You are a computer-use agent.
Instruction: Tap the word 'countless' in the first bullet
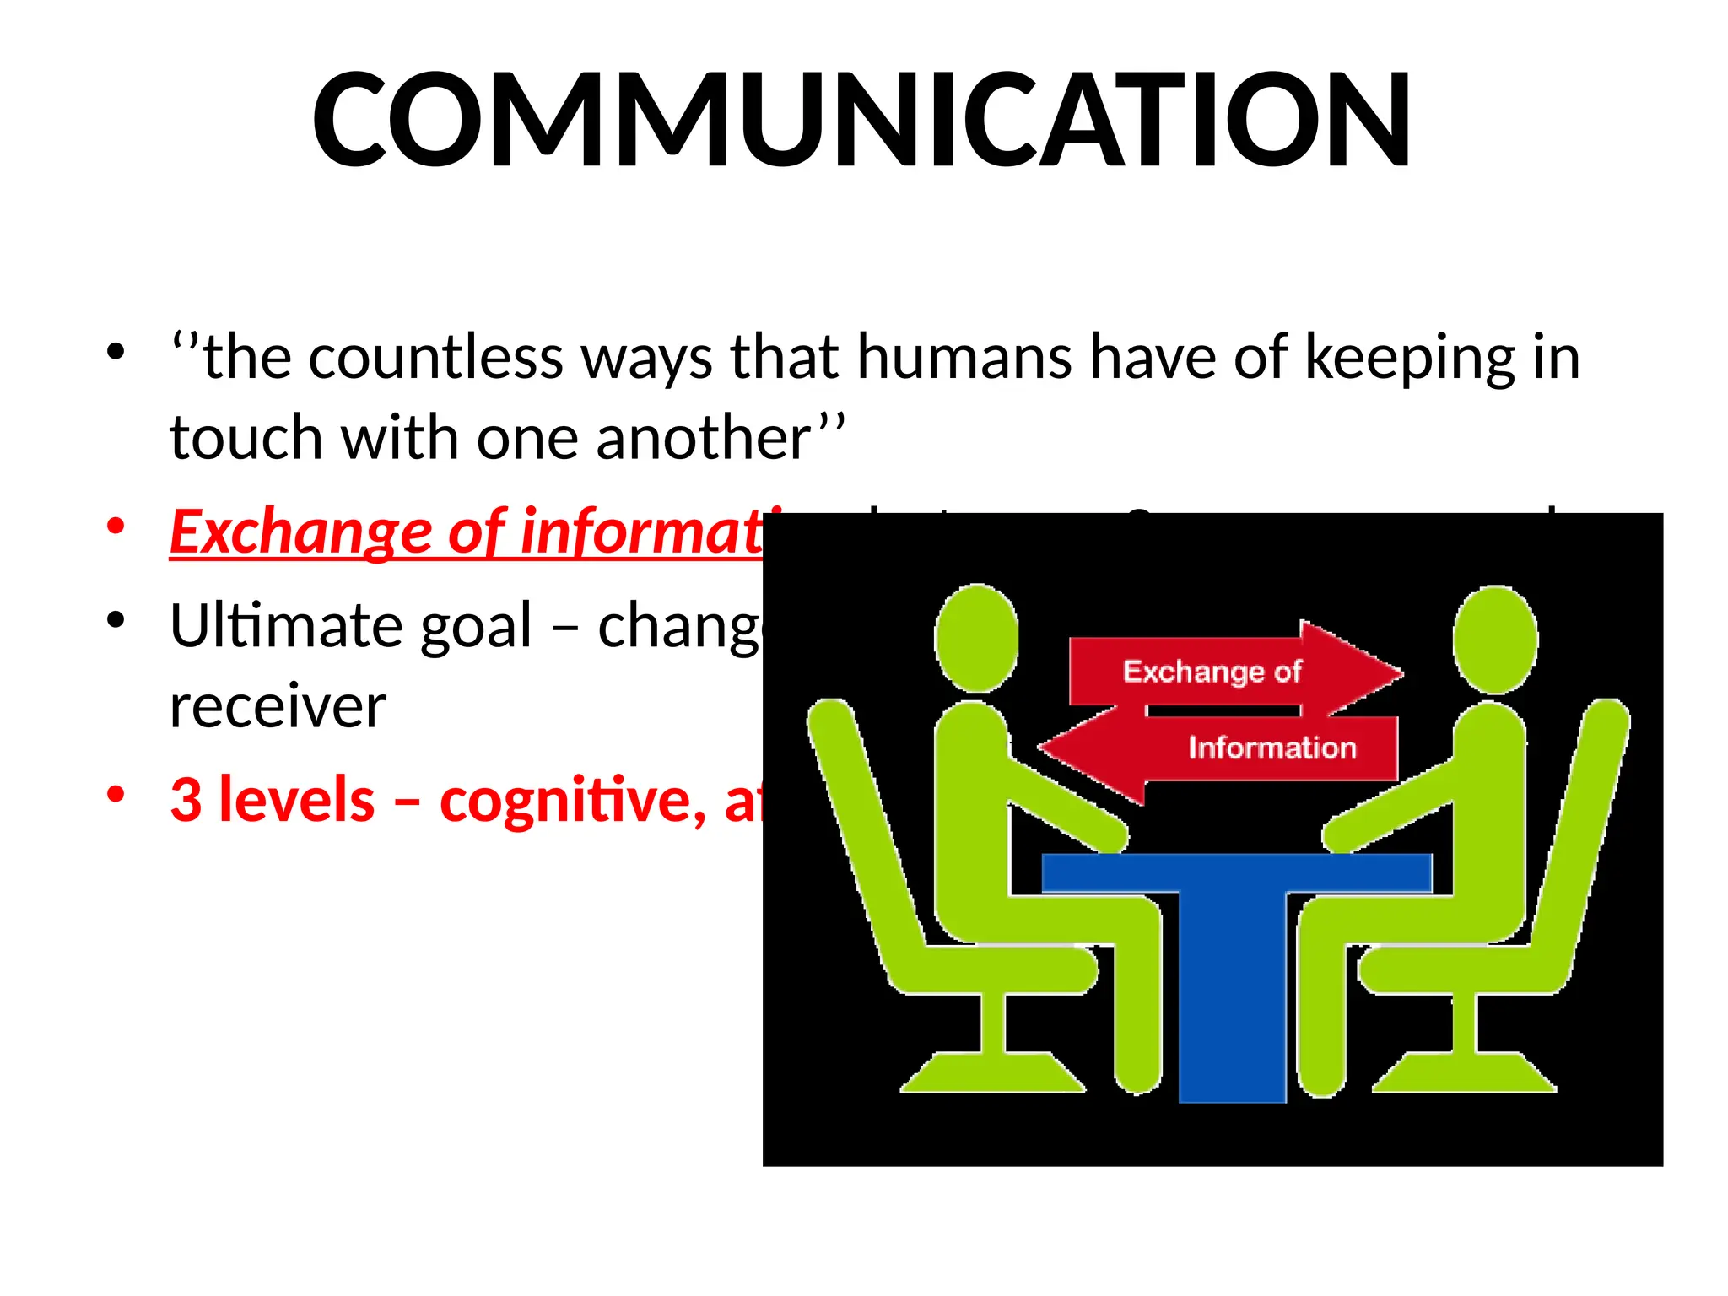(x=435, y=358)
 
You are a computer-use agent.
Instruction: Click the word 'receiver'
(x=278, y=707)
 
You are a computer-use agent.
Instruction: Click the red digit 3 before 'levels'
(x=186, y=800)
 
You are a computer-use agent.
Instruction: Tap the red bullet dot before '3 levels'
(x=116, y=794)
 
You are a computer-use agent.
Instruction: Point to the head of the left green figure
(x=977, y=638)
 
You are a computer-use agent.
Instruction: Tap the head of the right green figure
(x=1495, y=640)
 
